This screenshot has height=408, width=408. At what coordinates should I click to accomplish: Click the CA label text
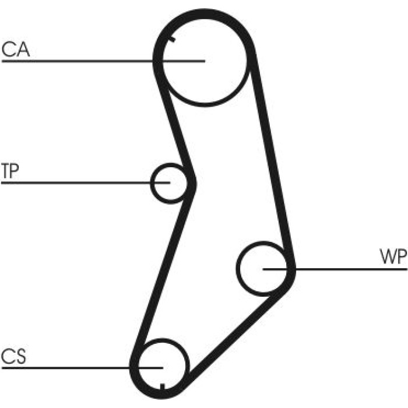point(16,50)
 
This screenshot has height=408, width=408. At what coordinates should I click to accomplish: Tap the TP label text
point(10,171)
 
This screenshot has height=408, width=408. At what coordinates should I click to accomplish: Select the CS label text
point(13,356)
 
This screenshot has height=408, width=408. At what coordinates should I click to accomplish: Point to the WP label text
point(393,256)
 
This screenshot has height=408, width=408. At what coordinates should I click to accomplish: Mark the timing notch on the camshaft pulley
point(171,39)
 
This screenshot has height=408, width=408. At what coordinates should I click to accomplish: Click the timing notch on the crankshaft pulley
point(163,386)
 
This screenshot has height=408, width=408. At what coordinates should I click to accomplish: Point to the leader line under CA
point(103,61)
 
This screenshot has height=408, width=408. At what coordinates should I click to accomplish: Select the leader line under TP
point(86,183)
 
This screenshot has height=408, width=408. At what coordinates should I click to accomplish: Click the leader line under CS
point(83,368)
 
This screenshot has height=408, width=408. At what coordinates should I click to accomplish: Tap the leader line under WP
point(335,269)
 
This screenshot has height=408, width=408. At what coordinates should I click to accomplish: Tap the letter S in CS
point(20,356)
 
